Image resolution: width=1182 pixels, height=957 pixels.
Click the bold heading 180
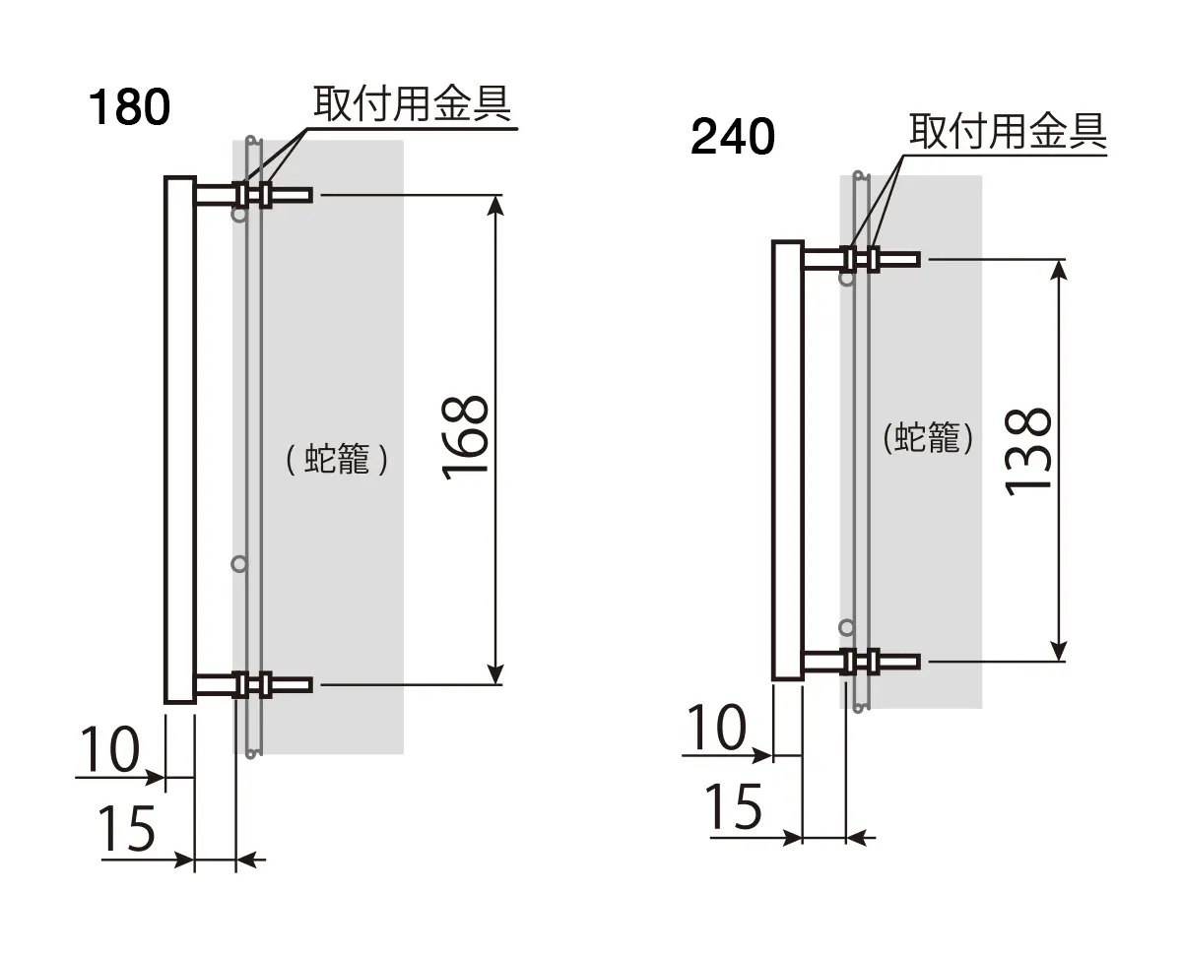coord(129,107)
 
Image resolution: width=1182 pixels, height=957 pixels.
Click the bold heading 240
coord(733,137)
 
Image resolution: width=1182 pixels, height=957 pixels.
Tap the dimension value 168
coord(465,437)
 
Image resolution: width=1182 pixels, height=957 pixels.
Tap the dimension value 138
coord(1027,451)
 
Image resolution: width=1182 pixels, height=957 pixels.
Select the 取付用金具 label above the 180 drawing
coord(412,103)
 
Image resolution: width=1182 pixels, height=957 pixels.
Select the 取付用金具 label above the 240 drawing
coord(1008,131)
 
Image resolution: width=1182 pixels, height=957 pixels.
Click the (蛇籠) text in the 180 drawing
coord(337,459)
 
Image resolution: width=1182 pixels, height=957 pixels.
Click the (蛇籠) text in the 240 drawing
coord(928,438)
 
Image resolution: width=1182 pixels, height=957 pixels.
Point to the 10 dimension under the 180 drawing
coord(110,749)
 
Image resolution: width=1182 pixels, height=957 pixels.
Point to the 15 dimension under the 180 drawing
coord(126,828)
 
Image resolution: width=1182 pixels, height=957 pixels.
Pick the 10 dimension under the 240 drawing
coord(716,727)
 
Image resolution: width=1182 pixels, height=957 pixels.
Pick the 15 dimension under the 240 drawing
coord(733,806)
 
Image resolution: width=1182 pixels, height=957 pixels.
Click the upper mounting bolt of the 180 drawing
coord(253,195)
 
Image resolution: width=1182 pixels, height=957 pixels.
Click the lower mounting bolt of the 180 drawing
coord(253,685)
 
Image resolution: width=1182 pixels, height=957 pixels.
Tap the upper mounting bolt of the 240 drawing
coord(861,259)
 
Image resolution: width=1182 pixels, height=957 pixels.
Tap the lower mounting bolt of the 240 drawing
coord(861,662)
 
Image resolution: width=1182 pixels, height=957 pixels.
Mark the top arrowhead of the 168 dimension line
coord(495,205)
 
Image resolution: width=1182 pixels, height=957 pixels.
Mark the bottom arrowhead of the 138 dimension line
coord(1059,650)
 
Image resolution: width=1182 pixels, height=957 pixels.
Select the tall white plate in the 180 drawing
coord(180,440)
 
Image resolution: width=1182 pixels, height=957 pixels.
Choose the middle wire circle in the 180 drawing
coord(239,564)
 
